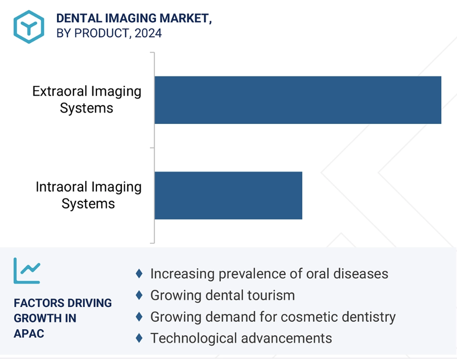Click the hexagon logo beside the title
coord(29,27)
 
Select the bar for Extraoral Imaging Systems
coord(298,100)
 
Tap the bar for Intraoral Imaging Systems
coord(229,195)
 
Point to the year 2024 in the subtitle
coord(148,33)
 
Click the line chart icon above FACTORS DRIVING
coord(27,271)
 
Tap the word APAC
coord(29,333)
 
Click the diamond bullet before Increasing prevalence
coord(139,274)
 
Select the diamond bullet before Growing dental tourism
coord(139,295)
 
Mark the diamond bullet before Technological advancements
coord(139,338)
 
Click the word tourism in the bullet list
coord(271,295)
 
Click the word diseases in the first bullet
coord(361,274)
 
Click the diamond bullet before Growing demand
coord(139,317)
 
